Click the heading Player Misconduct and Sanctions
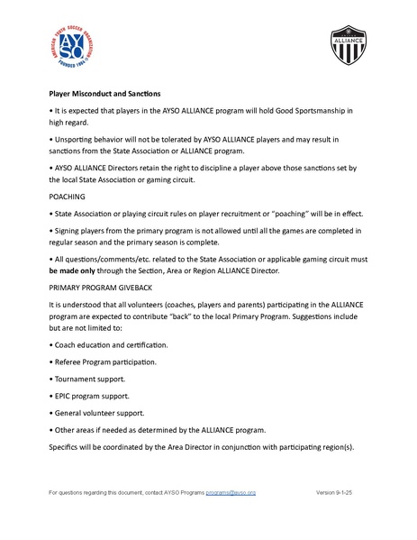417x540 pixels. [x=104, y=93]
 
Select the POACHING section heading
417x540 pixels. [x=68, y=196]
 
